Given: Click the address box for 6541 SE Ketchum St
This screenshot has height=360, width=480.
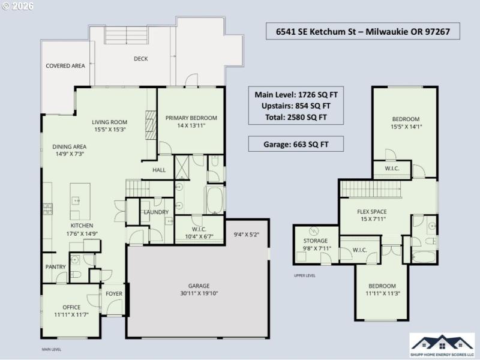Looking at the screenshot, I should point(362,31).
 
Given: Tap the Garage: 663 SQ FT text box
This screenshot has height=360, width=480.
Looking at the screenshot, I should point(295,145).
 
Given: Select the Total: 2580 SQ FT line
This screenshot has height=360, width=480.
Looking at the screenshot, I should point(295,116).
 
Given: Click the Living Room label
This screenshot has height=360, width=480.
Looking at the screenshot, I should point(110,122).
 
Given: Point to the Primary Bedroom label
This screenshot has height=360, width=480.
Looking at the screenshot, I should point(191,118).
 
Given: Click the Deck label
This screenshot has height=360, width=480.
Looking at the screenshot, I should point(140,59).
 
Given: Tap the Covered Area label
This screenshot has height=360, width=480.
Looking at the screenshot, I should point(65,65).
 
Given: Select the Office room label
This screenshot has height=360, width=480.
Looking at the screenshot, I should point(71,307).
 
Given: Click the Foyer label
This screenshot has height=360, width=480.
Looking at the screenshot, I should point(113,294).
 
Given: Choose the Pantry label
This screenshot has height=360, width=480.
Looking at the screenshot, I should point(55,266).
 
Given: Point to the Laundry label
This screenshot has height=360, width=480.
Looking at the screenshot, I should point(155,212).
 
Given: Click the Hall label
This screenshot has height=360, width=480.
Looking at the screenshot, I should point(158,170).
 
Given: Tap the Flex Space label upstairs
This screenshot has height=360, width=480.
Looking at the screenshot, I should point(371,211).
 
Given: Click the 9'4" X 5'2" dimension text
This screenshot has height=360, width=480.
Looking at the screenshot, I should point(246,234).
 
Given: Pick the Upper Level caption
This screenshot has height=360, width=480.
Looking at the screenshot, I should point(304,276).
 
